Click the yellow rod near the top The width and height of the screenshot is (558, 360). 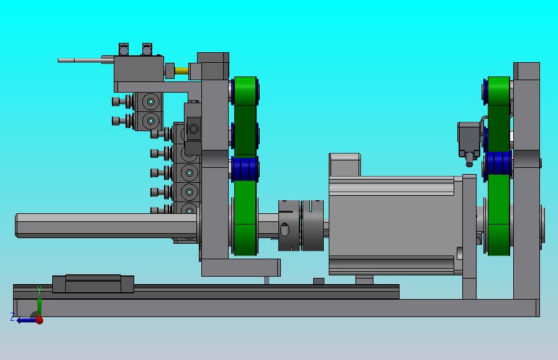[x=181, y=70]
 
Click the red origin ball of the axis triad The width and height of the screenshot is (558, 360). [x=40, y=320]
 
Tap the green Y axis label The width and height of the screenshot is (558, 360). [x=39, y=290]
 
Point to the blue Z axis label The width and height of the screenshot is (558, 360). [x=12, y=317]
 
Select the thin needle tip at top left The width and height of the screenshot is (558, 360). [x=66, y=60]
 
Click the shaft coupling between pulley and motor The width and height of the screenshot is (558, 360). [x=301, y=225]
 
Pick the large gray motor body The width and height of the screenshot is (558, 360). [x=396, y=226]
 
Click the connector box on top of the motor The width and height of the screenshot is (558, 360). [x=344, y=165]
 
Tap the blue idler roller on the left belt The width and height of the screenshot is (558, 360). [x=245, y=168]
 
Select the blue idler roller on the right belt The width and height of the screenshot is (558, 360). [x=498, y=163]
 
